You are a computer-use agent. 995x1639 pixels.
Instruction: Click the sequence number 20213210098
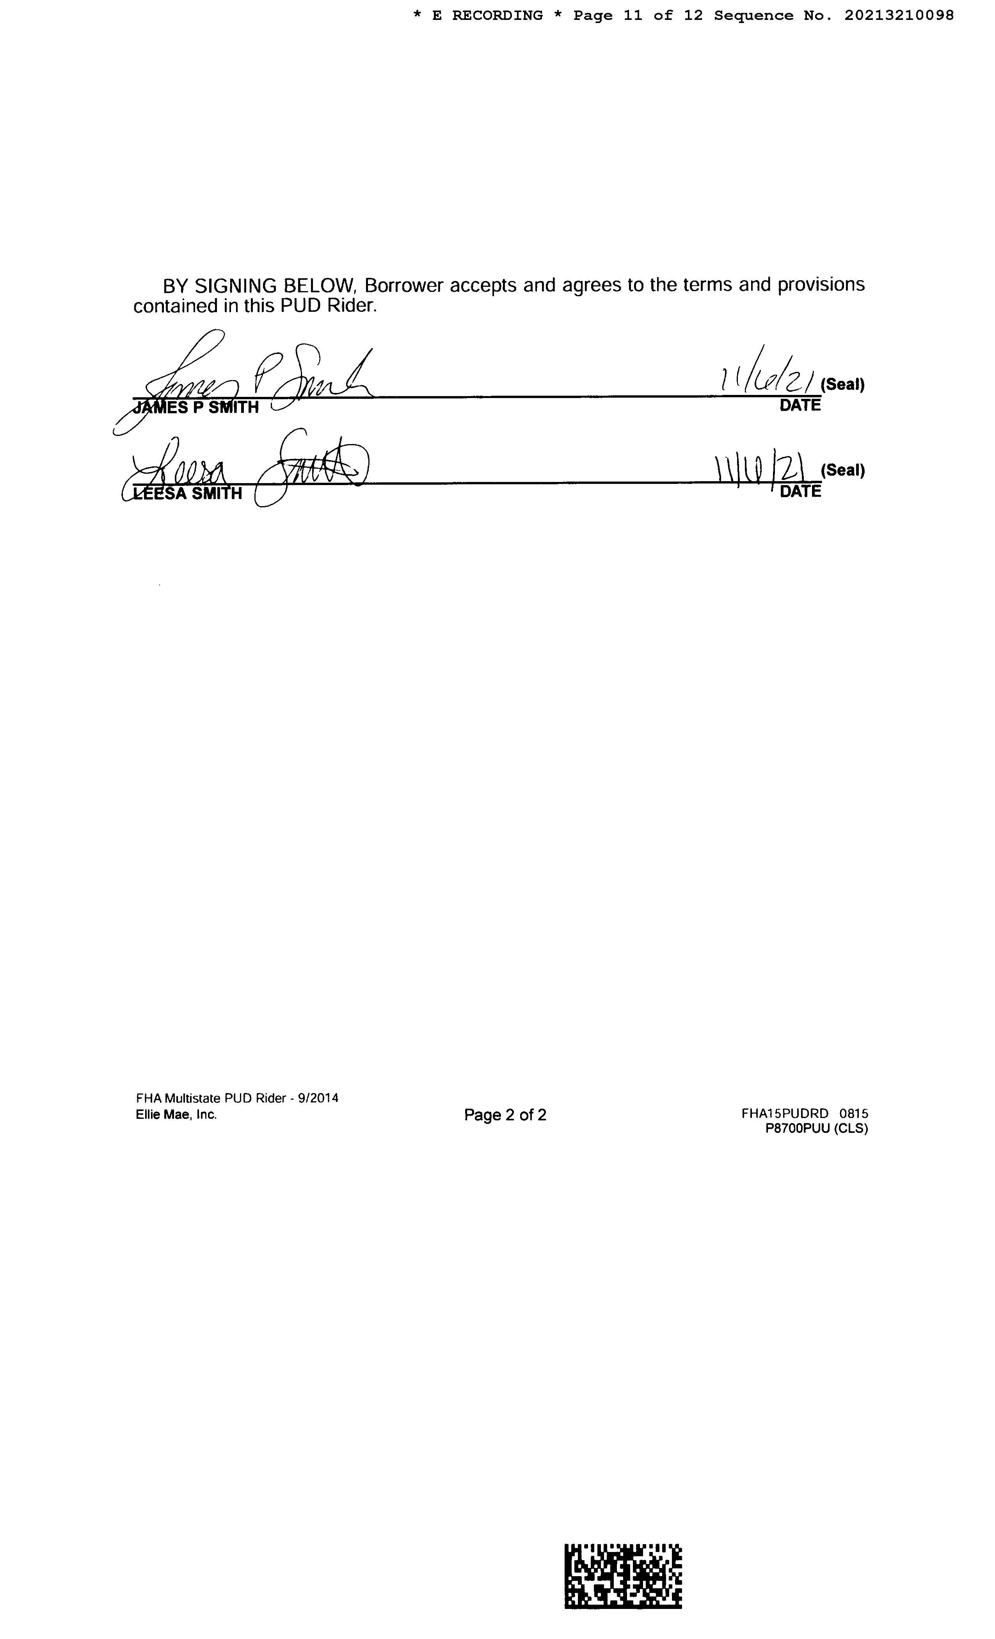click(899, 15)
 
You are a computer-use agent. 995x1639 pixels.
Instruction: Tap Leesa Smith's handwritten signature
click(246, 469)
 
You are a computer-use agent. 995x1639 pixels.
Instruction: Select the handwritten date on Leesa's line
click(766, 469)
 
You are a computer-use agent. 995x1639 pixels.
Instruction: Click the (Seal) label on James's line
click(843, 384)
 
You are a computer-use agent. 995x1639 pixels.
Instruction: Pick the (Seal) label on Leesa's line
click(843, 470)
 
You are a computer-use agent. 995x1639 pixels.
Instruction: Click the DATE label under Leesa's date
click(800, 492)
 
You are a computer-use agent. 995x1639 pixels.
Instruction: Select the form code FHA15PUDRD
click(785, 1113)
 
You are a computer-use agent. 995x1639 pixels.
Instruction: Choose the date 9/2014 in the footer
click(318, 1098)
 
